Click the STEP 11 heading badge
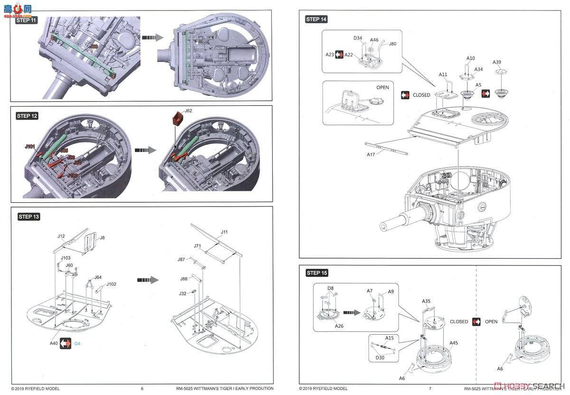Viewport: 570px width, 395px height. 27,20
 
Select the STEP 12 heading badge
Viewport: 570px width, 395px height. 27,116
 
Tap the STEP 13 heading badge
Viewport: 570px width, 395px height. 29,216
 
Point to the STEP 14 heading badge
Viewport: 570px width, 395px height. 316,19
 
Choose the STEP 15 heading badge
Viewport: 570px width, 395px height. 317,273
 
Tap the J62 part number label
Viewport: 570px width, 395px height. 189,111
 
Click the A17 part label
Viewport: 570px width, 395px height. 371,154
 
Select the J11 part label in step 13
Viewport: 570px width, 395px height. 224,232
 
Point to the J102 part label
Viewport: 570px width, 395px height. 111,284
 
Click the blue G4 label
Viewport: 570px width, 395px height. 78,343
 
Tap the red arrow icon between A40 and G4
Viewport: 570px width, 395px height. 65,343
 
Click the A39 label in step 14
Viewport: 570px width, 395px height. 497,62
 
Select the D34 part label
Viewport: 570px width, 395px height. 357,38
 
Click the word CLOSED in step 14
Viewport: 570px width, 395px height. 421,95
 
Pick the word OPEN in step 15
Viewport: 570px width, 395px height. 491,321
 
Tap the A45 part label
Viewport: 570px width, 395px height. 454,343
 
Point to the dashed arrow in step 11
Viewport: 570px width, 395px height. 152,37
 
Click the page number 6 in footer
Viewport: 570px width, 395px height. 142,388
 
